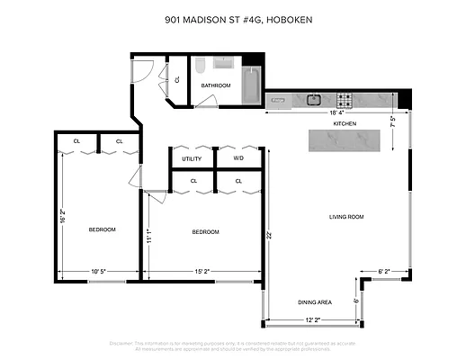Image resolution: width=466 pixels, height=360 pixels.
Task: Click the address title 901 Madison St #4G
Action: (232, 18)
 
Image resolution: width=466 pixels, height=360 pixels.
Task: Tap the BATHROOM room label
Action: (216, 85)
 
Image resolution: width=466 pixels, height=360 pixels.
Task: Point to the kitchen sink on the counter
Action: (314, 99)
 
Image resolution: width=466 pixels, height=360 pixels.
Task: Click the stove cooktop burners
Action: (344, 99)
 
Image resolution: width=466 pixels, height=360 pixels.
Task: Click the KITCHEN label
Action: (345, 122)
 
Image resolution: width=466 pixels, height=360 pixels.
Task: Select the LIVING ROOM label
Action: (345, 216)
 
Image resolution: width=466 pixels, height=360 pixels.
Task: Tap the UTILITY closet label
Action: (192, 158)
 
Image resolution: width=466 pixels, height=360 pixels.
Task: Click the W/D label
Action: (238, 158)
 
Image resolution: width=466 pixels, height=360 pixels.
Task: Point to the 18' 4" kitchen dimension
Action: (336, 112)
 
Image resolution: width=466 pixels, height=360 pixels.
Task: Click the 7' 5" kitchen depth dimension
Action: (393, 122)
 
